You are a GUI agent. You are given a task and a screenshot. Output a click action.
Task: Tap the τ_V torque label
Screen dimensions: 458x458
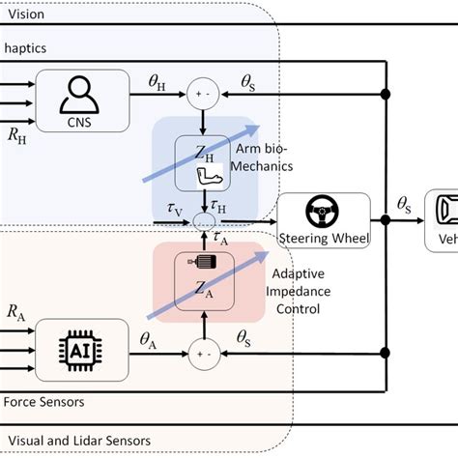coord(173,207)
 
